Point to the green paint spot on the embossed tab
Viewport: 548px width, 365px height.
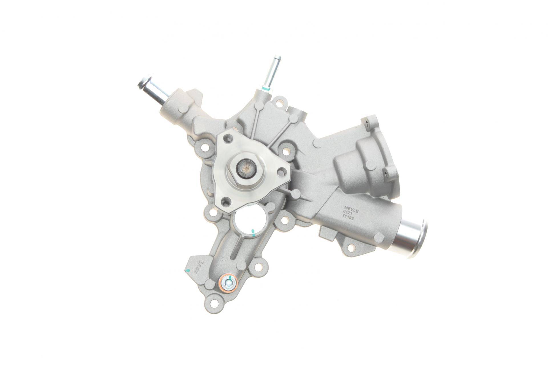click(187, 270)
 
